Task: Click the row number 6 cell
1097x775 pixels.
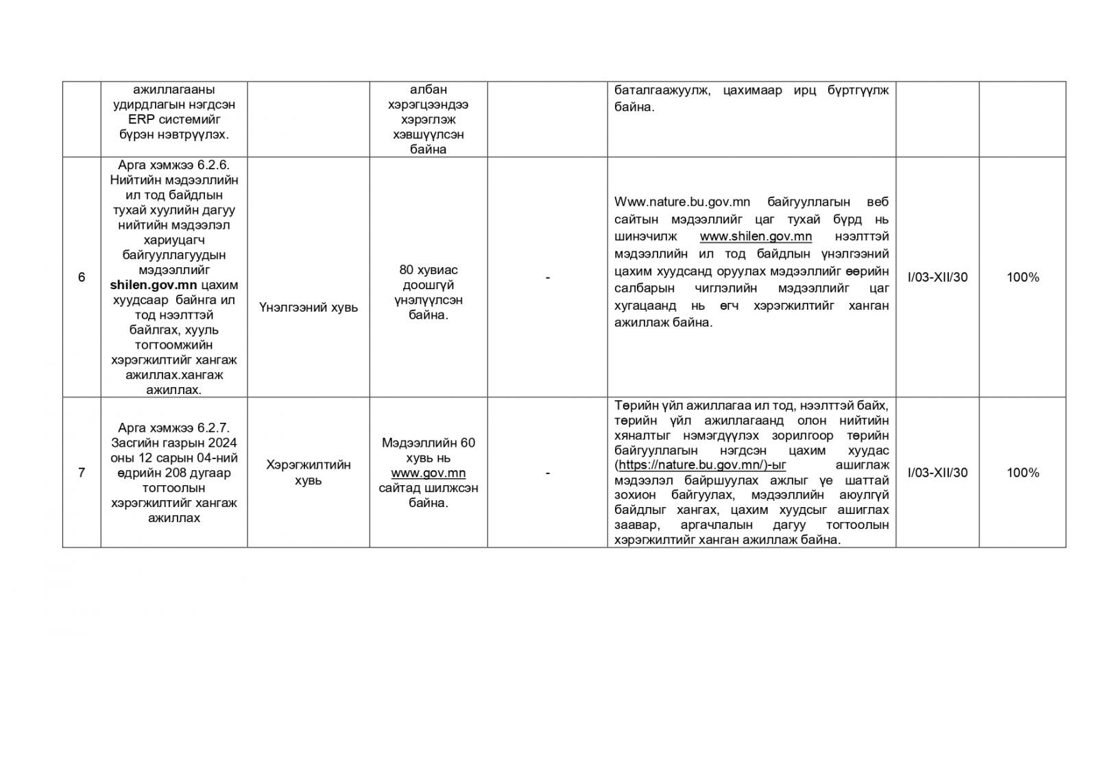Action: pyautogui.click(x=82, y=278)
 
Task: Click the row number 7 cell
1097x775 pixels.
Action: pyautogui.click(x=82, y=473)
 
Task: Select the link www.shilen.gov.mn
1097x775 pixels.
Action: pyautogui.click(x=756, y=236)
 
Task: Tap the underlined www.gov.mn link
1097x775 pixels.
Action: pyautogui.click(x=429, y=473)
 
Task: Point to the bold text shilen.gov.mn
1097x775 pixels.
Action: pyautogui.click(x=154, y=285)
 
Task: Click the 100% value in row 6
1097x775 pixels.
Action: pyautogui.click(x=1022, y=278)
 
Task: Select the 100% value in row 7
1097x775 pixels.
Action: pyautogui.click(x=1022, y=473)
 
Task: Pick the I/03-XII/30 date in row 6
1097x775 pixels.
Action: pyautogui.click(x=937, y=278)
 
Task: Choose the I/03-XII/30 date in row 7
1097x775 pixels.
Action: pyautogui.click(x=937, y=473)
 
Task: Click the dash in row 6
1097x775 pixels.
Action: pyautogui.click(x=547, y=278)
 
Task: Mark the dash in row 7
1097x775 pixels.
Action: pyautogui.click(x=547, y=473)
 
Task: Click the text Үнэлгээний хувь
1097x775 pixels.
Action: pyautogui.click(x=309, y=308)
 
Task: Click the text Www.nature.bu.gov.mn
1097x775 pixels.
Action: pyautogui.click(x=682, y=202)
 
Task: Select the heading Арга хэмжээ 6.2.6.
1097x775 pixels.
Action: pyautogui.click(x=174, y=165)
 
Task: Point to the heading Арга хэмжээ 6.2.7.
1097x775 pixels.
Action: pyautogui.click(x=174, y=428)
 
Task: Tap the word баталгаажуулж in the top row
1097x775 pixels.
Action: pyautogui.click(x=662, y=90)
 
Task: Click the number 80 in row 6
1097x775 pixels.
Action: pyautogui.click(x=407, y=270)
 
